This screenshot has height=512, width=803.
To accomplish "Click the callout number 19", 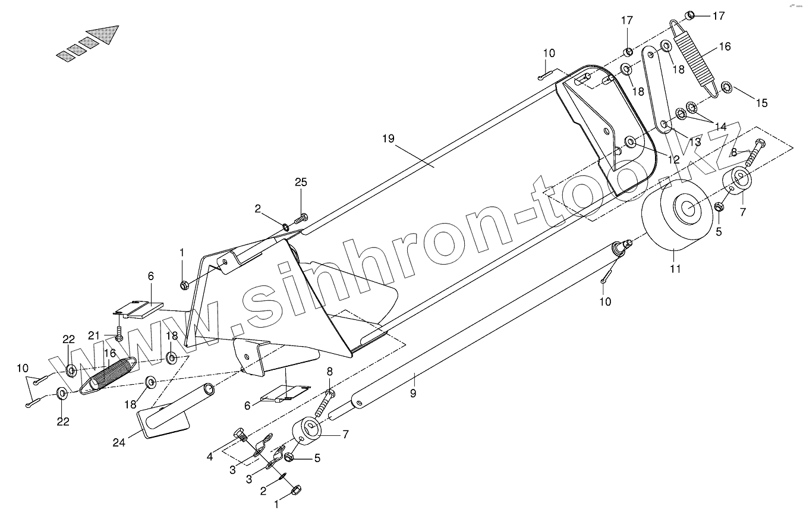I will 388,139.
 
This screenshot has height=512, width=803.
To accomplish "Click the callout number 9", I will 412,392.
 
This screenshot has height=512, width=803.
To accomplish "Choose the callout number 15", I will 761,103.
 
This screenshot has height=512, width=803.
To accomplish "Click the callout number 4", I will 210,457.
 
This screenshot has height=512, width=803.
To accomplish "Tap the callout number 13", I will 694,142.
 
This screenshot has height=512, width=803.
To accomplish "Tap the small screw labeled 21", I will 119,334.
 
